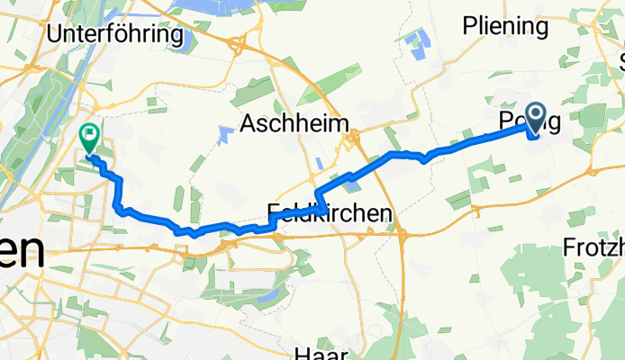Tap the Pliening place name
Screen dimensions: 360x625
(505, 27)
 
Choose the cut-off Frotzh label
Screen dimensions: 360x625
(593, 247)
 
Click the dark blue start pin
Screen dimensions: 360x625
(535, 115)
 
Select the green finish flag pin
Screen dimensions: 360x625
(90, 137)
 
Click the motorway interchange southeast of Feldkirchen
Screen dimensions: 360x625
(403, 236)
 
